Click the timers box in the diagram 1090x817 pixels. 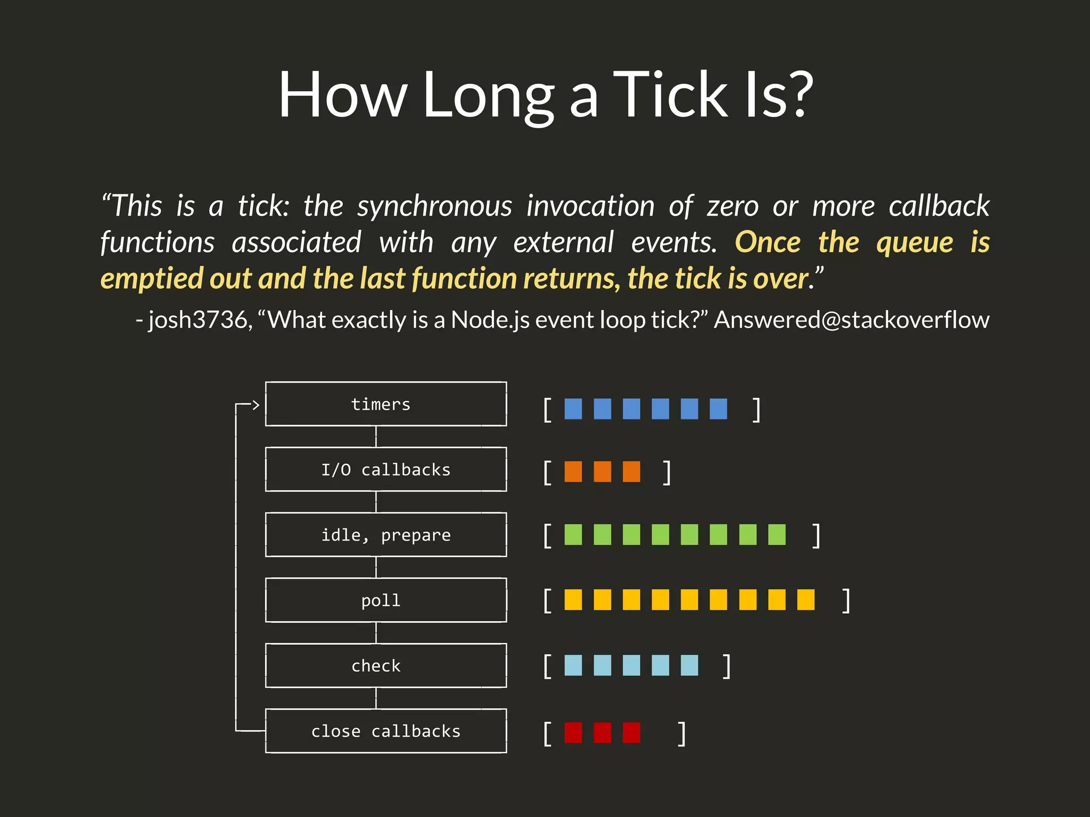coord(386,404)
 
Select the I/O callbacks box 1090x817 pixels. coord(386,470)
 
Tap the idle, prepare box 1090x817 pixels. coord(386,535)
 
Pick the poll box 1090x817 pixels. coord(386,601)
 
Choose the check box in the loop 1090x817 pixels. coord(386,666)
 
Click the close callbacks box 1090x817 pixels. coord(386,731)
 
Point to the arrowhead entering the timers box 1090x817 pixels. coord(255,405)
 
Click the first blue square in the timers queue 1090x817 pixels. coord(573,409)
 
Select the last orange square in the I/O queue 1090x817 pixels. coord(631,472)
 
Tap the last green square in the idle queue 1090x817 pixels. coord(777,535)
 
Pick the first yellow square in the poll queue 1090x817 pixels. coord(573,599)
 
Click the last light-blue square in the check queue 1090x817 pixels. coord(689,665)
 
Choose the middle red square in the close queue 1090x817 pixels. coord(602,732)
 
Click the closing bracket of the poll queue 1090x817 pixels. coord(846,601)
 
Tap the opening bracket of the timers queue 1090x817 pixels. coord(547,410)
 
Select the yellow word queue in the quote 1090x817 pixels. coord(914,243)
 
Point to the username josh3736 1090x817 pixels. coord(197,320)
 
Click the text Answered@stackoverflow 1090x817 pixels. coord(851,320)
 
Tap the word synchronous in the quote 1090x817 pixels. coord(434,206)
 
